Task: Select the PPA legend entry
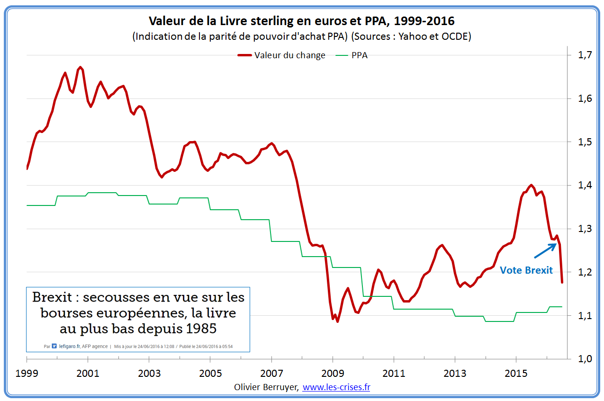pyautogui.click(x=359, y=55)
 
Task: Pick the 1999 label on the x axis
pyautogui.click(x=27, y=374)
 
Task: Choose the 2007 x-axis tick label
pyautogui.click(x=271, y=374)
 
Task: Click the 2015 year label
pyautogui.click(x=516, y=374)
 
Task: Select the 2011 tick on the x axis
pyautogui.click(x=394, y=374)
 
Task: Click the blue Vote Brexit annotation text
pyautogui.click(x=526, y=270)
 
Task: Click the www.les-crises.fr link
pyautogui.click(x=336, y=387)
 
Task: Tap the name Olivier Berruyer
pyautogui.click(x=266, y=387)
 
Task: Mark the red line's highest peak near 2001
pyautogui.click(x=81, y=67)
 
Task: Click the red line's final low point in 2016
pyautogui.click(x=562, y=283)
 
